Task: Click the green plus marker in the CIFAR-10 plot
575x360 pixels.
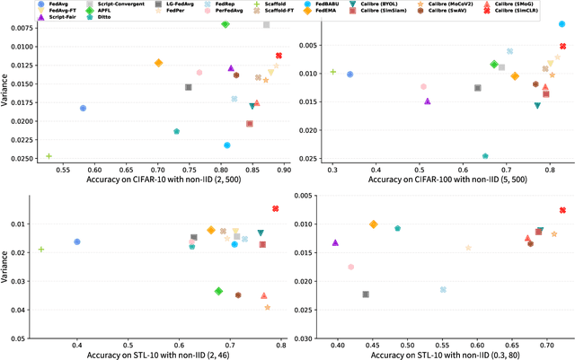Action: pos(49,156)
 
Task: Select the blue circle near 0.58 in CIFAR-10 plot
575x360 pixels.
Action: pos(84,108)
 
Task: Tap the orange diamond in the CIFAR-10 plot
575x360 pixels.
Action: pos(159,63)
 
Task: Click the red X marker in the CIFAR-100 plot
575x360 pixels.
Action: pos(562,47)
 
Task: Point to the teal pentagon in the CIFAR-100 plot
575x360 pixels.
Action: pos(485,156)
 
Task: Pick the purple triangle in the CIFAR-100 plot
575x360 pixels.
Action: pos(428,101)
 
